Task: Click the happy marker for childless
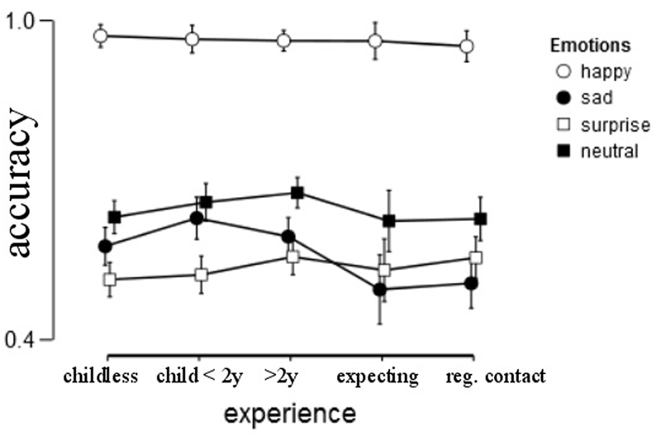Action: click(x=101, y=36)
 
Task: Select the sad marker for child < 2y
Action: click(x=197, y=218)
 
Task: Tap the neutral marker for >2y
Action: click(x=297, y=193)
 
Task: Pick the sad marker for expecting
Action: click(x=380, y=290)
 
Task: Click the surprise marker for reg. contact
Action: click(x=475, y=257)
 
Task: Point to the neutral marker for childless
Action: click(x=115, y=217)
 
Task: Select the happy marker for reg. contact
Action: click(x=467, y=46)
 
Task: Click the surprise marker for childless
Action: click(x=110, y=279)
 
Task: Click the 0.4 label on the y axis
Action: click(x=21, y=339)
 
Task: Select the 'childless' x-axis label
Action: click(x=101, y=377)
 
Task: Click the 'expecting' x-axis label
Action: click(x=378, y=377)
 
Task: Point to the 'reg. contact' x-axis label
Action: click(x=496, y=377)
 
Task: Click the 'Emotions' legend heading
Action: click(x=591, y=45)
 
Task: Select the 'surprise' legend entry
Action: click(x=602, y=125)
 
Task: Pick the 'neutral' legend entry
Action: click(x=599, y=151)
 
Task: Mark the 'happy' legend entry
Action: click(x=595, y=71)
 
